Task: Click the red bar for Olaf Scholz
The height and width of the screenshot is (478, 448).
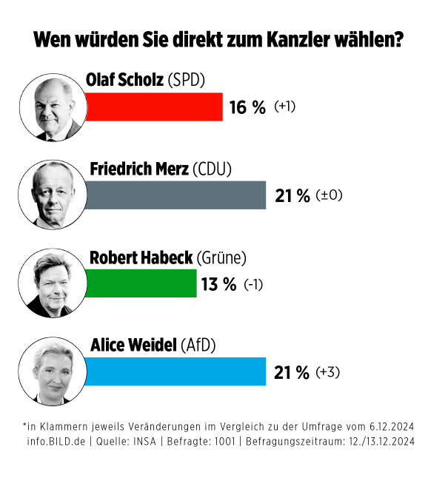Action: [x=154, y=107]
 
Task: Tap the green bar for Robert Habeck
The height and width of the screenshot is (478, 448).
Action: [x=141, y=283]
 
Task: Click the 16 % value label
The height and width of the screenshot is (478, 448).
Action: [x=247, y=107]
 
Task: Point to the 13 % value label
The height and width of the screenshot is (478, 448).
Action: [x=218, y=284]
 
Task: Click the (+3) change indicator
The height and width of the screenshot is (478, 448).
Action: [x=327, y=372]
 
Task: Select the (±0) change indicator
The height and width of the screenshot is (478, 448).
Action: [x=329, y=196]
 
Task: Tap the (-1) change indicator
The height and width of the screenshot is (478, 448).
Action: [x=254, y=284]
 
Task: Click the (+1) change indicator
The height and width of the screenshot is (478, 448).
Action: [x=285, y=107]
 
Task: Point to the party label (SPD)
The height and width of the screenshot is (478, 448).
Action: [x=187, y=80]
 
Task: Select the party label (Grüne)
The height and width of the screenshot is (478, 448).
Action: [x=221, y=257]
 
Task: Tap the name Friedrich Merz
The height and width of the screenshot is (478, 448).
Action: [x=138, y=169]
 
